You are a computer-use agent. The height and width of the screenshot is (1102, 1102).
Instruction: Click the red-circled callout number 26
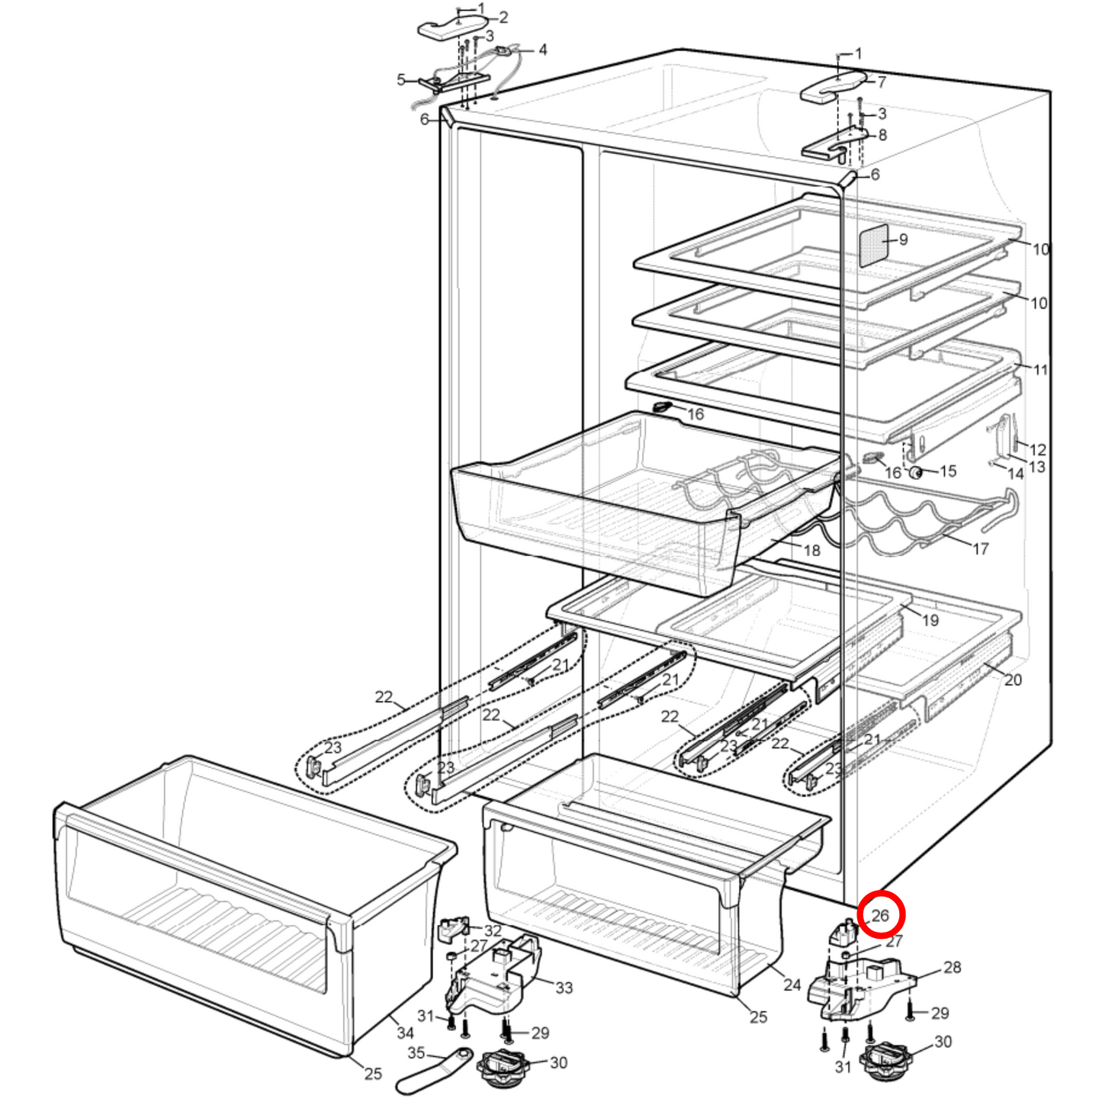point(880,914)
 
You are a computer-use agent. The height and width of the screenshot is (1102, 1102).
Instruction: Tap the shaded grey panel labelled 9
point(874,246)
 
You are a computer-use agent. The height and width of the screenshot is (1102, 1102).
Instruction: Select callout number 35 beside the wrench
point(416,1052)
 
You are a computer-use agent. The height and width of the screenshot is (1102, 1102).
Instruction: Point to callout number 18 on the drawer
point(811,550)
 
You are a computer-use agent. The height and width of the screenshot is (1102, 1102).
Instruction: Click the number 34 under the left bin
point(405,1033)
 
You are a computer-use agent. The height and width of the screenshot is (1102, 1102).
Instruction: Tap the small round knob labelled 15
point(916,473)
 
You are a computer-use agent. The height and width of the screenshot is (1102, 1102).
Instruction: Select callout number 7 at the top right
point(882,82)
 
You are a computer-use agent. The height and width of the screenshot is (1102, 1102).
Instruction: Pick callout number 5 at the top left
point(401,80)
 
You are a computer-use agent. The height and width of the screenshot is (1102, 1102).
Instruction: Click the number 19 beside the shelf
point(930,620)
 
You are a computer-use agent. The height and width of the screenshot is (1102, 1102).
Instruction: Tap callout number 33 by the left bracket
point(564,988)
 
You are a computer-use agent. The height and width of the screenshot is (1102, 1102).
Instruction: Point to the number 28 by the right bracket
point(952,967)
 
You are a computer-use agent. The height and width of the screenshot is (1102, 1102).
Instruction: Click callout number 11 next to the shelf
point(1040,370)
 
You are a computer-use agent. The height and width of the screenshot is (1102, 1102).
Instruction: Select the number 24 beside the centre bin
point(792,985)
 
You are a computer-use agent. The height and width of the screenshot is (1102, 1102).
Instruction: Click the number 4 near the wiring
point(542,50)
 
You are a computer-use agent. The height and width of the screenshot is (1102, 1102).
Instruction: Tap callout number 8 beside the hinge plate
point(882,135)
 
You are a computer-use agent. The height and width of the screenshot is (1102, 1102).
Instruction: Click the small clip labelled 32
point(455,928)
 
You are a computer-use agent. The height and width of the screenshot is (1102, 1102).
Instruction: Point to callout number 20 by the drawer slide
point(1013,680)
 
